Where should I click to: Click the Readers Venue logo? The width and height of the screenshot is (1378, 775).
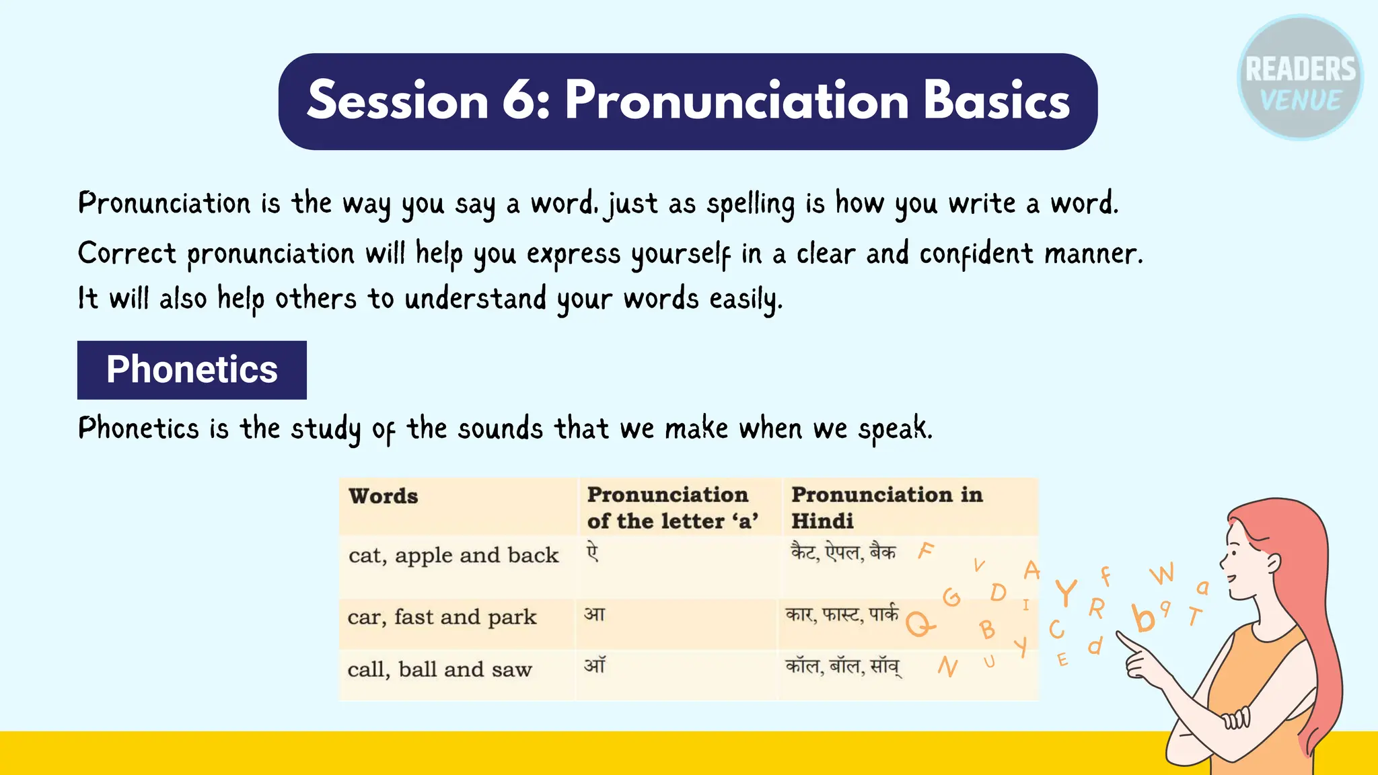(x=1300, y=78)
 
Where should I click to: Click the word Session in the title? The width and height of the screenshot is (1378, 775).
(x=397, y=101)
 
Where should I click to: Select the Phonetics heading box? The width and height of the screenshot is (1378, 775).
(x=192, y=370)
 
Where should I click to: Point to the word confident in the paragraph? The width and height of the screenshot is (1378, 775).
(x=976, y=254)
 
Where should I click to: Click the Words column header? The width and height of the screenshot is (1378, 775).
(x=384, y=496)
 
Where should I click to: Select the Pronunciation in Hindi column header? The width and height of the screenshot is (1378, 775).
(x=886, y=507)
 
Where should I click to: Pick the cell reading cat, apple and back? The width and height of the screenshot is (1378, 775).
(x=454, y=556)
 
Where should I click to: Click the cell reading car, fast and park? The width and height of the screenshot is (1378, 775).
(x=442, y=617)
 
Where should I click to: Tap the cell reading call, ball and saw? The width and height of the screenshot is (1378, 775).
(x=439, y=669)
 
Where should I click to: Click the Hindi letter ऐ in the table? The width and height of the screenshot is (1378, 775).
(x=592, y=553)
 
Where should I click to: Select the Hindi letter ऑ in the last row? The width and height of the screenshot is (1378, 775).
(x=595, y=665)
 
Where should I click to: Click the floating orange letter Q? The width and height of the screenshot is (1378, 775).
(x=919, y=624)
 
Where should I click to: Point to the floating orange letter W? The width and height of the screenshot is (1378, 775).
(x=1162, y=574)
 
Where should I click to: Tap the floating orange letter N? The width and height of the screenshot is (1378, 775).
(x=947, y=667)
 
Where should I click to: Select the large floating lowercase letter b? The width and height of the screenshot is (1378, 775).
(x=1143, y=618)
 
